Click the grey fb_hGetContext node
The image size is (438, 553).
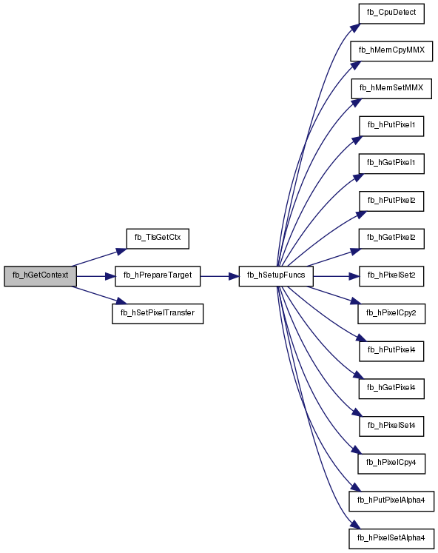pos(40,276)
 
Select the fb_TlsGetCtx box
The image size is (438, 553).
pos(158,239)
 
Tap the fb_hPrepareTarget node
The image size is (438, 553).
pos(158,276)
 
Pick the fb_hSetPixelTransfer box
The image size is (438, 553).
pos(158,314)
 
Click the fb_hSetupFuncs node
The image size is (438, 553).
pos(276,276)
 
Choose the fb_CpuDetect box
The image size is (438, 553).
pos(391,14)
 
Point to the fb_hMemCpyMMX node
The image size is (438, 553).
pos(391,51)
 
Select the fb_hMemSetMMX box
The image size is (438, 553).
pos(391,89)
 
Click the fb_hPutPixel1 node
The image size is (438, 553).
pos(391,126)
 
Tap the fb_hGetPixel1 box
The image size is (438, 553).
pos(391,164)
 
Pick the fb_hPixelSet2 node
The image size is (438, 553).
pos(391,276)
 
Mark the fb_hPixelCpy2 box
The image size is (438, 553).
pos(391,314)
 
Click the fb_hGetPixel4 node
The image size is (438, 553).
pos(391,389)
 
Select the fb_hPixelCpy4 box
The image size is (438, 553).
pos(391,463)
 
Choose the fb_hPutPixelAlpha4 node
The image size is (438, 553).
pos(391,501)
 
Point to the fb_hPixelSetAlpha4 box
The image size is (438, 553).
pos(391,538)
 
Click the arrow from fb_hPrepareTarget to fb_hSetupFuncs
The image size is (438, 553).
pos(220,276)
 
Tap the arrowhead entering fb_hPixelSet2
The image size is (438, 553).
pos(354,276)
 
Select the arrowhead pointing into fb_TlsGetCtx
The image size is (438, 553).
pos(121,252)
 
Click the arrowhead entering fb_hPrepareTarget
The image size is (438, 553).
pos(110,276)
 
